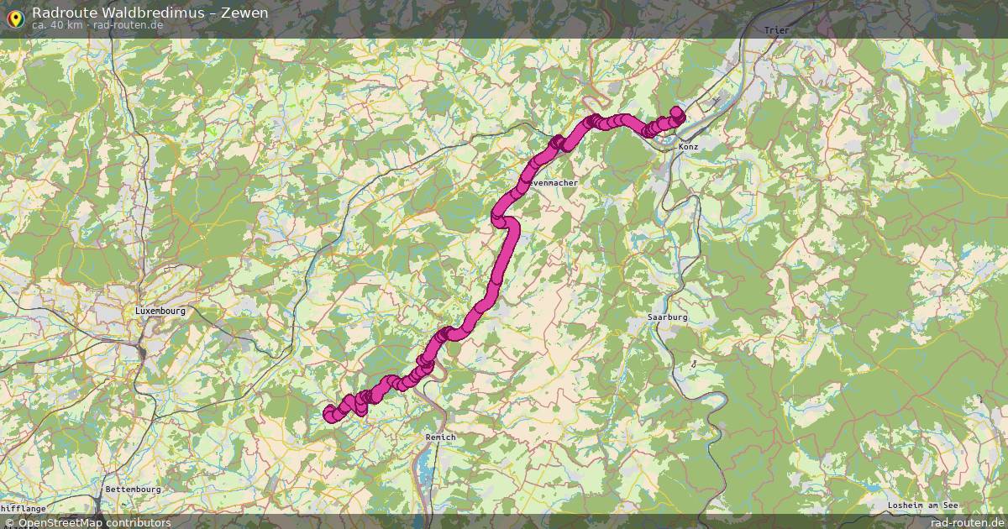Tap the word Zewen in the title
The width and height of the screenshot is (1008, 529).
coord(244,13)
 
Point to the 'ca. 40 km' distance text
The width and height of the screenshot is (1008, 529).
coord(57,25)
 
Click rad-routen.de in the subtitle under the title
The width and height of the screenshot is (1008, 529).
coord(129,25)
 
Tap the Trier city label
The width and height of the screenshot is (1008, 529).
coord(777,30)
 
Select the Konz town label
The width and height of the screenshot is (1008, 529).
coord(689,146)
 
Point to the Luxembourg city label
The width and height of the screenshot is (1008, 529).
coord(160,311)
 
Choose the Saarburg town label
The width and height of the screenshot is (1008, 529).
coord(668,317)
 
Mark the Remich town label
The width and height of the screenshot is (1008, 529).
coord(440,437)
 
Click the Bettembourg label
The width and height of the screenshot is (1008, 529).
coord(133,489)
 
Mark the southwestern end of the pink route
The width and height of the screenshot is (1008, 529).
coord(329,412)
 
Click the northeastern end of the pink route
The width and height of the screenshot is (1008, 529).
coord(676,113)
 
